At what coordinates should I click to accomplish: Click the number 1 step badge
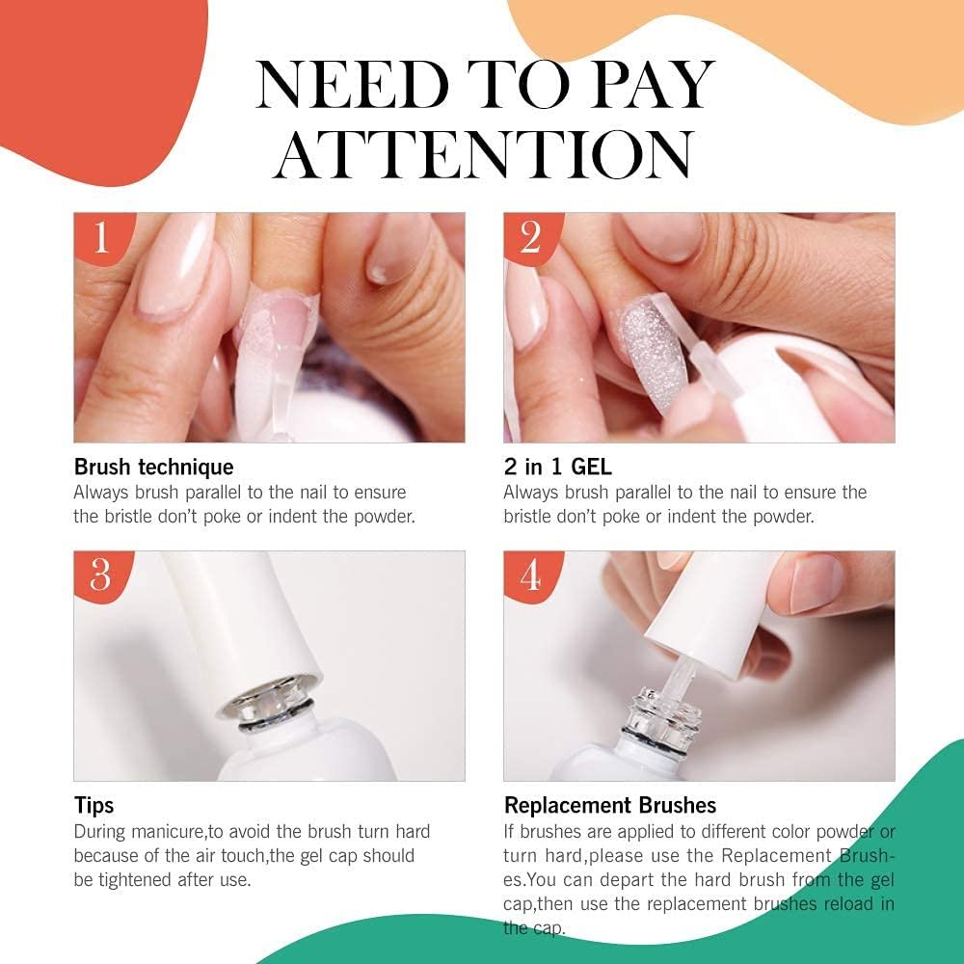[101, 237]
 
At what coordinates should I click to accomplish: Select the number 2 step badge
[529, 237]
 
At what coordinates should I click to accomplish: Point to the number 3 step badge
[101, 575]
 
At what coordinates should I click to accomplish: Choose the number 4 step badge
[529, 575]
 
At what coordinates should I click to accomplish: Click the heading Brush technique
[154, 468]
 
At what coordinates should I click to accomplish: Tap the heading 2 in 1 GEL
[557, 468]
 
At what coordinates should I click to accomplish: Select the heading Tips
[94, 805]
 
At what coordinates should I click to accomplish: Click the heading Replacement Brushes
[610, 805]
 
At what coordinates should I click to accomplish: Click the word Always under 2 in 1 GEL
[529, 493]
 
